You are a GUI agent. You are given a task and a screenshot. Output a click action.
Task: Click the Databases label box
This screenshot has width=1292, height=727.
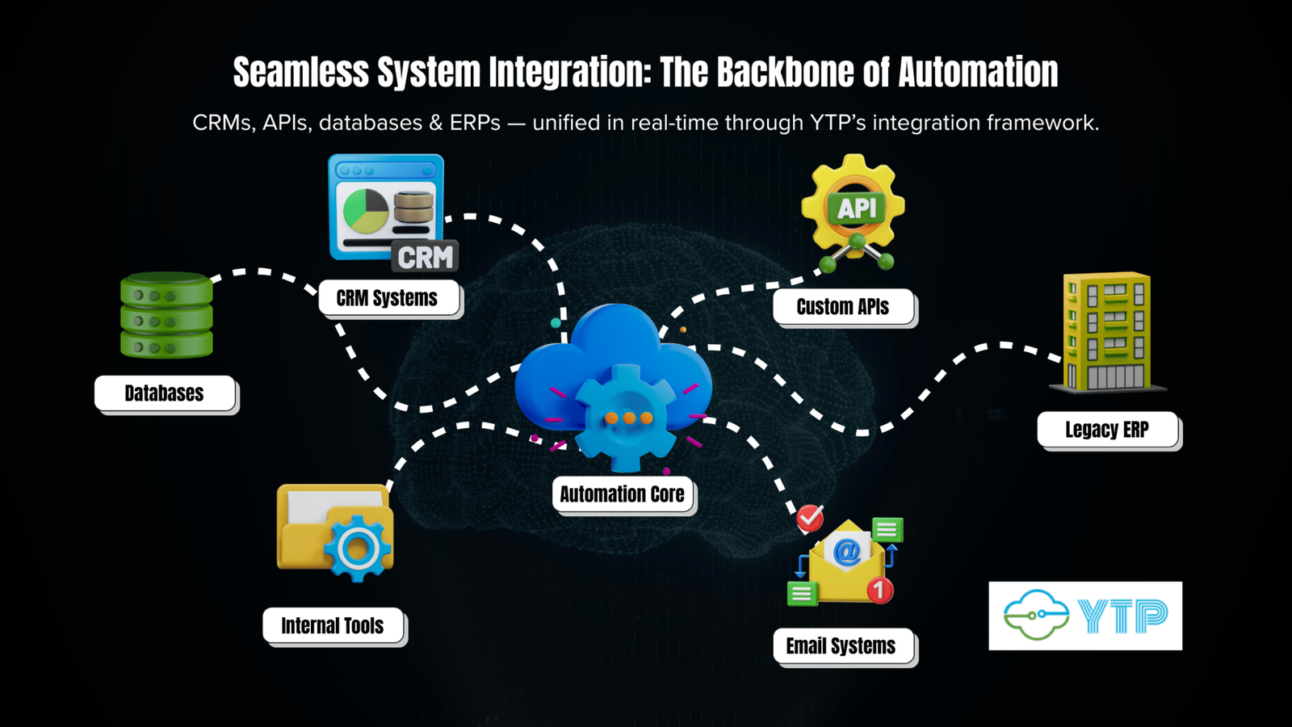pos(165,393)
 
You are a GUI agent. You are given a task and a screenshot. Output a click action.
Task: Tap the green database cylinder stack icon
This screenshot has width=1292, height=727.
pos(166,316)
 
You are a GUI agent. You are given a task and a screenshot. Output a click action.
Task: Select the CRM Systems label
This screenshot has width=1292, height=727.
pos(388,298)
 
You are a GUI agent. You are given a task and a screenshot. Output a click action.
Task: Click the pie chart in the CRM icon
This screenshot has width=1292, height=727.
pos(365,210)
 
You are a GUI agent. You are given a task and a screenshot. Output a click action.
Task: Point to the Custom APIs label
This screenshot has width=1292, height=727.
pos(843,307)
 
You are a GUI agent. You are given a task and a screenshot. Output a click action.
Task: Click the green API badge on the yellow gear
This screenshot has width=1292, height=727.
pos(856,208)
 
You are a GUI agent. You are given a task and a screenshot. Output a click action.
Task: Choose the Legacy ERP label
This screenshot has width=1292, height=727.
pos(1107,430)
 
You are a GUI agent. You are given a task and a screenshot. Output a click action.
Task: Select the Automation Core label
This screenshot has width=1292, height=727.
pos(623,494)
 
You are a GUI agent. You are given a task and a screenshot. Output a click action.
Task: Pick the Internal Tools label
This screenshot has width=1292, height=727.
pos(333,626)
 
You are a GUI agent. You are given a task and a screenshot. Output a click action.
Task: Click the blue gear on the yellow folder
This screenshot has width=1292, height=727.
pos(358,548)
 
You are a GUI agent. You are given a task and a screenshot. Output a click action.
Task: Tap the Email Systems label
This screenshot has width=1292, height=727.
pos(841,646)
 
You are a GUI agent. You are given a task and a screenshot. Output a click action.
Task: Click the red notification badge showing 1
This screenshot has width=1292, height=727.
pos(880,590)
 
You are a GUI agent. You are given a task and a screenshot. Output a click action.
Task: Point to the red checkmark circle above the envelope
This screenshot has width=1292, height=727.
pos(810,518)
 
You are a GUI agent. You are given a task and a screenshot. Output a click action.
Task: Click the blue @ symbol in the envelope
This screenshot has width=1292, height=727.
pos(846,553)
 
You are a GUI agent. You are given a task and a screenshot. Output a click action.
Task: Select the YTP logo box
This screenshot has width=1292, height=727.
pos(1085,616)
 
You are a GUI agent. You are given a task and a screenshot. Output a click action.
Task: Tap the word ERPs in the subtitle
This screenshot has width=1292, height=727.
pos(475,123)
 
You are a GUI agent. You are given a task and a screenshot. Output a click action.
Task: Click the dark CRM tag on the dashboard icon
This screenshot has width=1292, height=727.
pos(426,257)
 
